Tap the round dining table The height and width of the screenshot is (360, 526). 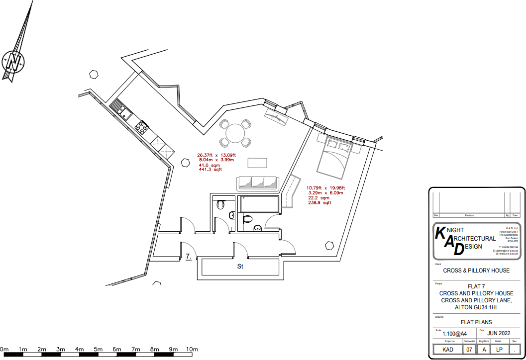[x=235, y=133]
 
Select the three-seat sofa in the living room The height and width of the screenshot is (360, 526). [x=257, y=183]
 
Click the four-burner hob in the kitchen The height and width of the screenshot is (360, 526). [x=141, y=127]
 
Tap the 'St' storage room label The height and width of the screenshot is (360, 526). [x=240, y=267]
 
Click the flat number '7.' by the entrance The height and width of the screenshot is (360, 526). [x=189, y=257]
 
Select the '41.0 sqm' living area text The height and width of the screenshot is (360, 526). [x=210, y=165]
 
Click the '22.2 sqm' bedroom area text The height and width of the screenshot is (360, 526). [x=319, y=198]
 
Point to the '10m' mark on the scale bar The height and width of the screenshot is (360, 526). [x=192, y=350]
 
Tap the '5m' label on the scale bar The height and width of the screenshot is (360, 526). [x=98, y=350]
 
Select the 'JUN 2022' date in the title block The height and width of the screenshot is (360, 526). [x=499, y=333]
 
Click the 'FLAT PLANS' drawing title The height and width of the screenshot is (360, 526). [x=476, y=322]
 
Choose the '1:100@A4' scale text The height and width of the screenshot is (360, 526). [x=454, y=334]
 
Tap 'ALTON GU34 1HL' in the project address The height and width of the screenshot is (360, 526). [x=476, y=308]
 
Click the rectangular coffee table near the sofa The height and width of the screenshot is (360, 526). [x=257, y=163]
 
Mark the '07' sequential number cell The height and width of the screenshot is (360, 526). [x=469, y=350]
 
